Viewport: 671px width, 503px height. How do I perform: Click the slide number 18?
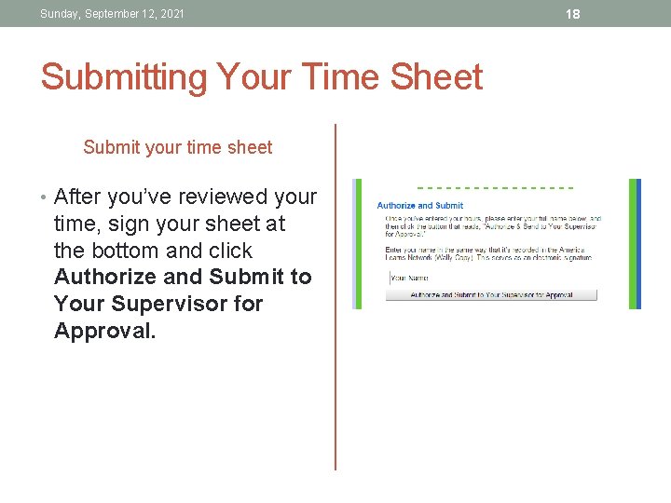click(573, 13)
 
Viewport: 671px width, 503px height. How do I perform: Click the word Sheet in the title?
click(435, 77)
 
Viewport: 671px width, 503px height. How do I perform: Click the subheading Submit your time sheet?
click(177, 147)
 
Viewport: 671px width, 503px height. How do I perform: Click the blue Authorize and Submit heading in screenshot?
click(419, 205)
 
